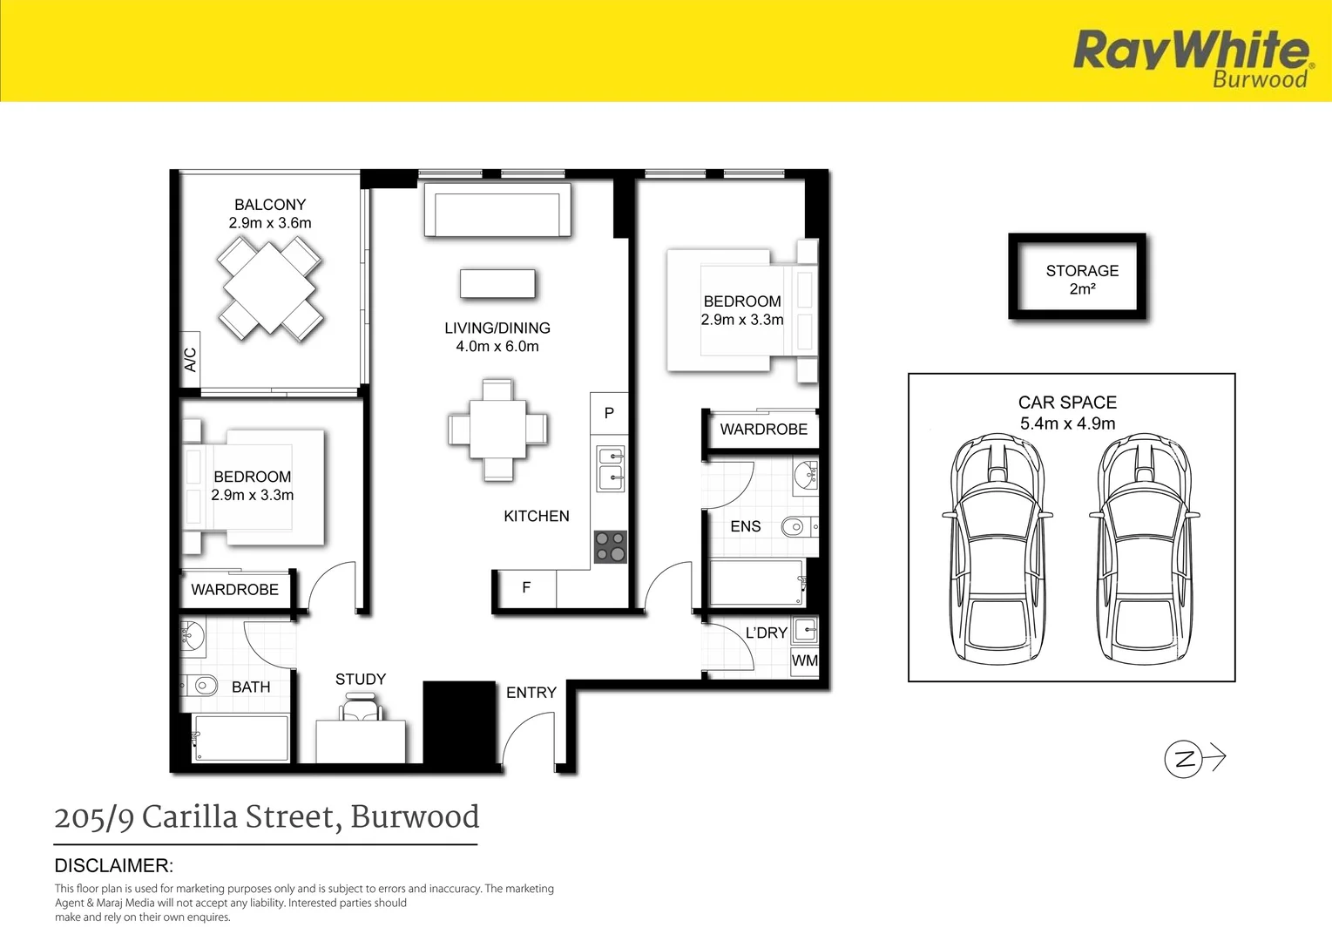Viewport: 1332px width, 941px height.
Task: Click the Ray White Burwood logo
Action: (1191, 58)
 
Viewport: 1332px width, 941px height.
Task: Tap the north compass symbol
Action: (1184, 758)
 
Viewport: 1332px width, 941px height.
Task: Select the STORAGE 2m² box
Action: (1078, 276)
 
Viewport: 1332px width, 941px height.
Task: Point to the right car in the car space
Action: (1144, 549)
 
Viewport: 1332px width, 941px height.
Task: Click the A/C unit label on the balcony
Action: (190, 359)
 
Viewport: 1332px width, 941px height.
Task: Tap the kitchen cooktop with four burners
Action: (610, 546)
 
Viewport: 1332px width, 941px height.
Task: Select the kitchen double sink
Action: (610, 469)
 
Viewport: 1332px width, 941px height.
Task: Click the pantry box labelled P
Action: (609, 413)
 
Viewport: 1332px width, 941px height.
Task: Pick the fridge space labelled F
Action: (525, 588)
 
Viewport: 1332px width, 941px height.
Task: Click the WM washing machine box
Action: (804, 660)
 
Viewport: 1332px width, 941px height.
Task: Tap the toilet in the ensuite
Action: (798, 526)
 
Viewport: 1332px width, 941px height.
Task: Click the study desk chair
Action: (362, 707)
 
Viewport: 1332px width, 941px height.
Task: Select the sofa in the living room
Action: (497, 210)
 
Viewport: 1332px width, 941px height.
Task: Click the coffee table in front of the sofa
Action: (497, 284)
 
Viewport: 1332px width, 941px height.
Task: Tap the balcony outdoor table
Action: (271, 288)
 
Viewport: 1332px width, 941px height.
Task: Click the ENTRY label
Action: (531, 693)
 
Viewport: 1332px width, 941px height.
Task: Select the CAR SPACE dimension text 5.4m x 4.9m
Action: (1067, 423)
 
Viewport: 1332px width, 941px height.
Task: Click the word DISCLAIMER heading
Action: (114, 865)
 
